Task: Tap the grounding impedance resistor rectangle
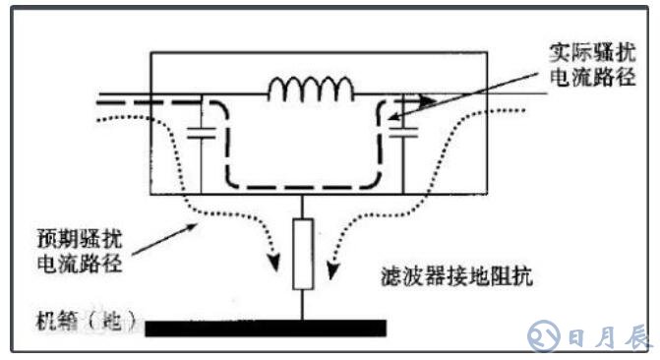coord(303,254)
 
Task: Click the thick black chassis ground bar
coord(266,327)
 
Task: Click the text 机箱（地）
coord(85,320)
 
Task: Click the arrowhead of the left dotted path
coord(271,264)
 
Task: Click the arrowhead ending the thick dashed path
coord(425,98)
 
